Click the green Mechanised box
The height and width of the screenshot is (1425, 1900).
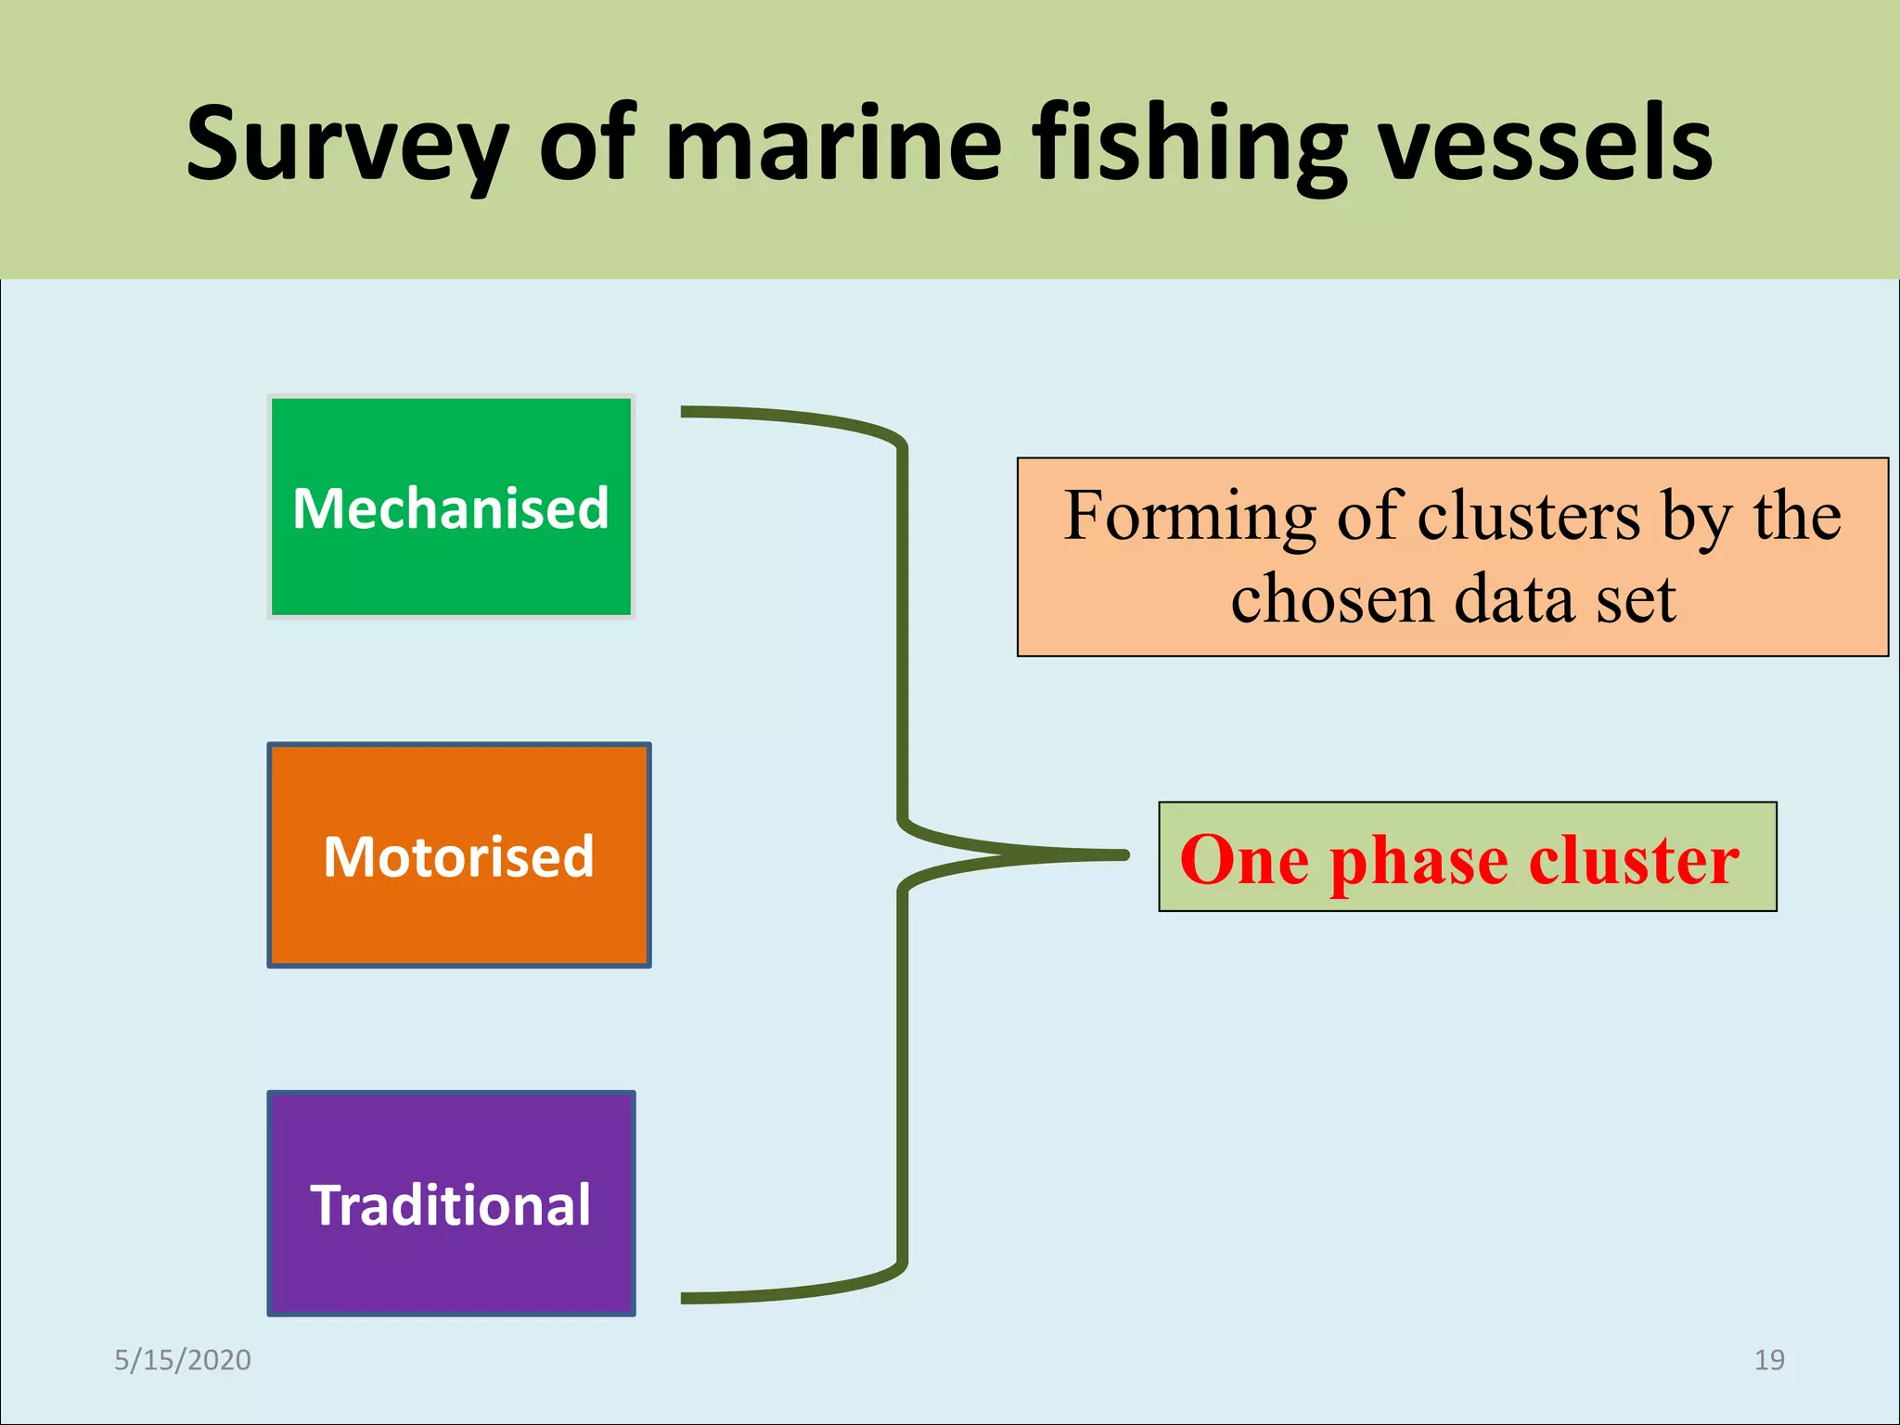point(451,507)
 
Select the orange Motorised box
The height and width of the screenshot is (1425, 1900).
point(458,855)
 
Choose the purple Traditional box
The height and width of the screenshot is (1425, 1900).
point(451,1203)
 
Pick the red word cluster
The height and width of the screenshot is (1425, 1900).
point(1634,859)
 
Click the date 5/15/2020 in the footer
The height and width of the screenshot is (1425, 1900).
point(183,1360)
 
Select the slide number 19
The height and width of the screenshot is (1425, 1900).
point(1769,1360)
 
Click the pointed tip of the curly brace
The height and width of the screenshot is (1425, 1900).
point(1124,855)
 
